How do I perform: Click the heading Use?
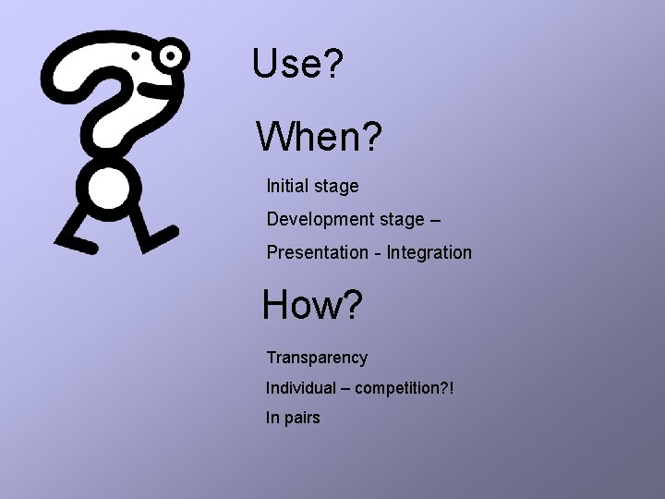pyautogui.click(x=297, y=64)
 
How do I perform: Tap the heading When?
pyautogui.click(x=319, y=138)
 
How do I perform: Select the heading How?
pyautogui.click(x=312, y=305)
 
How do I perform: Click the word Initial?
pyautogui.click(x=287, y=186)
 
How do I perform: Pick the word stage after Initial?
pyautogui.click(x=336, y=187)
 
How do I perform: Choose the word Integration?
pyautogui.click(x=429, y=252)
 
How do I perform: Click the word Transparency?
pyautogui.click(x=317, y=358)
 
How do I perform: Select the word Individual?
pyautogui.click(x=301, y=387)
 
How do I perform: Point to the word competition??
pyautogui.click(x=405, y=388)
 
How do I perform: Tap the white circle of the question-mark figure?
pyautogui.click(x=108, y=188)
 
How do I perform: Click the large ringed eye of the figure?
pyautogui.click(x=170, y=56)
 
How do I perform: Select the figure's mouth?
pyautogui.click(x=149, y=90)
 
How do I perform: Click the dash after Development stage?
pyautogui.click(x=435, y=220)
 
